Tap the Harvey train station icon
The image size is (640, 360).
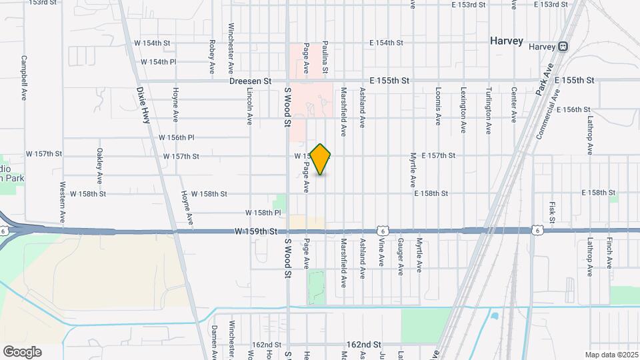coord(563,47)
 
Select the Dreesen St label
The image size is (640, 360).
coord(250,81)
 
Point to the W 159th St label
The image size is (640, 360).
coord(255,231)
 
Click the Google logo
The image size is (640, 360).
coord(22,351)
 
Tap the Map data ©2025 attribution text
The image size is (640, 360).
coord(611,355)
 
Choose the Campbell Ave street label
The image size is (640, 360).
coord(24,77)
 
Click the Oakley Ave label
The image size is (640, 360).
coord(99,166)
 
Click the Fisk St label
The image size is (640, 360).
coord(552,211)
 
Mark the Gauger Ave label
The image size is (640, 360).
coord(401,257)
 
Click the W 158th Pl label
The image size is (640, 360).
coord(263,212)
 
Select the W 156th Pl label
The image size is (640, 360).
coord(176,137)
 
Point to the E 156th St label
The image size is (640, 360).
coord(573,109)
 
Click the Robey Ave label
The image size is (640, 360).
coord(212,57)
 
